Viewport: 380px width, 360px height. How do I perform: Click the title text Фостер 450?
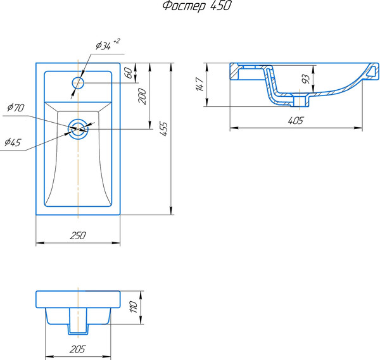tap(196, 7)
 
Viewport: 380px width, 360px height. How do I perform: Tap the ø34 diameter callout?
tap(103, 46)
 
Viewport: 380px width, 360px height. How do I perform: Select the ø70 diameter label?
tap(15, 108)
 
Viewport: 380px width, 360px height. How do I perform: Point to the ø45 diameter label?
tap(12, 143)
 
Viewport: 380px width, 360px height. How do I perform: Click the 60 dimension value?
tap(129, 73)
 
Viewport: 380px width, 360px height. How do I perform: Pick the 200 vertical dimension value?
tap(142, 96)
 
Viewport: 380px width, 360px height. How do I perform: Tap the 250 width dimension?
tap(77, 235)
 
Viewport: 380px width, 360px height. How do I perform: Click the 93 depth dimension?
tap(305, 80)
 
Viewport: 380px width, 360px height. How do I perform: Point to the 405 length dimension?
tap(296, 120)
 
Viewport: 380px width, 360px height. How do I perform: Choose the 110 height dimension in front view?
tap(134, 307)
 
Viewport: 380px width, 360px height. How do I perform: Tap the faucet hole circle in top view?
tap(78, 82)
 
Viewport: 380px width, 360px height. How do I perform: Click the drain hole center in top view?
tap(78, 128)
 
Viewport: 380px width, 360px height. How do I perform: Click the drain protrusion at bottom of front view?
tap(77, 330)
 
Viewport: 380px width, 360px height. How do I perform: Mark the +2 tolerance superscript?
tap(117, 41)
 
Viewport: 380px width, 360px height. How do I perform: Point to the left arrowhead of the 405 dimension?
tap(232, 128)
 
